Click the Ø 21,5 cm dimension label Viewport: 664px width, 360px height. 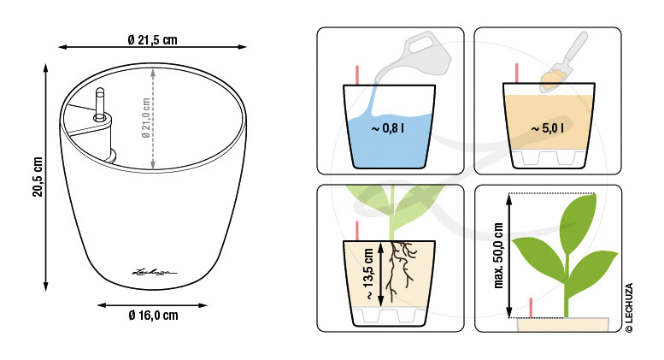pos(152,40)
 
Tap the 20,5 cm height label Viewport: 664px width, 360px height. pos(38,177)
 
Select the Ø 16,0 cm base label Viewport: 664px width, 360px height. pos(153,315)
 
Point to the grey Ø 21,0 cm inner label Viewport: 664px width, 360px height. pos(146,118)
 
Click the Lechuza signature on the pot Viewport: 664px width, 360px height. pos(155,272)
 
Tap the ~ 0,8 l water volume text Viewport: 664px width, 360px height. pos(387,127)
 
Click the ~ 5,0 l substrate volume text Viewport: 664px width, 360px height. pos(547,127)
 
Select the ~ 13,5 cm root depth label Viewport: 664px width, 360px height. pos(368,274)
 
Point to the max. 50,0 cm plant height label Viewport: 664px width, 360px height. pos(498,256)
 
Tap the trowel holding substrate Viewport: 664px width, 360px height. pos(564,62)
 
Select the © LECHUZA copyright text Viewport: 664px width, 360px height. pos(629,308)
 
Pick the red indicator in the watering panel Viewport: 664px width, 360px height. pos(357,75)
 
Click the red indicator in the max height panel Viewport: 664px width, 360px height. pos(531,308)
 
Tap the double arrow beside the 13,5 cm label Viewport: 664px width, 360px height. pos(380,274)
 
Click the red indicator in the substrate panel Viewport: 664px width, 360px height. pos(517,74)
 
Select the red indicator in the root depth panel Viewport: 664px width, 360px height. pos(357,231)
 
